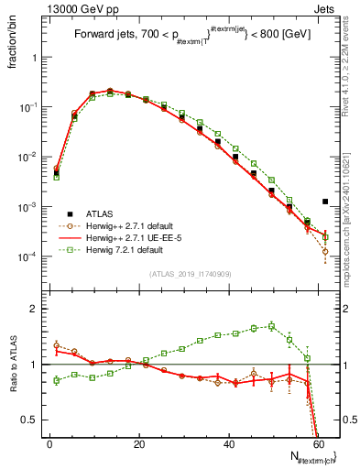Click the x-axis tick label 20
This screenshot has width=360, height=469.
pyautogui.click(x=139, y=442)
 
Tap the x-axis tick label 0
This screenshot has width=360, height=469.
pyautogui.click(x=49, y=442)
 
